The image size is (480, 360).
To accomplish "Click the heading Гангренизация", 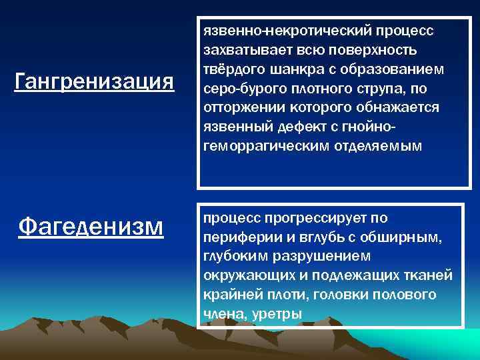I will click(x=94, y=82).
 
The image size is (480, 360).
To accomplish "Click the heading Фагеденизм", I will click(x=91, y=225).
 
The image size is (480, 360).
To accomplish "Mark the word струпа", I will click(x=380, y=89).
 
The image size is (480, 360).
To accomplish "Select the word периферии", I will click(x=236, y=237).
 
